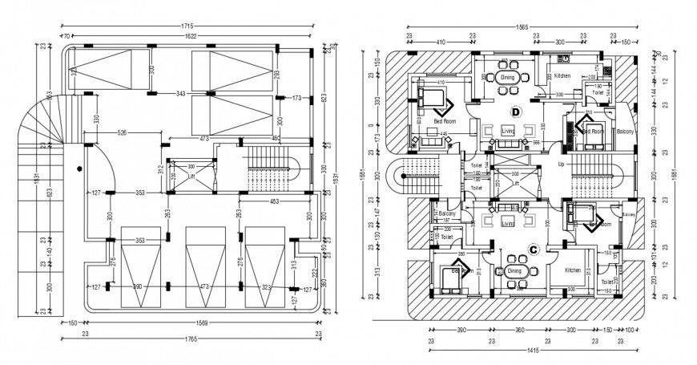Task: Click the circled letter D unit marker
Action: pos(516,112)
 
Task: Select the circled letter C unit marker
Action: pos(533,248)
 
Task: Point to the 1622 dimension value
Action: pos(191,36)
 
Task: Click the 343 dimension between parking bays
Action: pos(180,94)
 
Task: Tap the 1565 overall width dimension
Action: pos(522,26)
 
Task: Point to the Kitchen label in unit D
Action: pos(562,75)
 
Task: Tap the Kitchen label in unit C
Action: pos(572,270)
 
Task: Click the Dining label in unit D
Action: pos(506,77)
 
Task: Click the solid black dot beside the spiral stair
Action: pos(79,168)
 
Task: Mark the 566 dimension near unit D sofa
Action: pos(537,143)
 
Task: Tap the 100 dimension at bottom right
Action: pos(629,330)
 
